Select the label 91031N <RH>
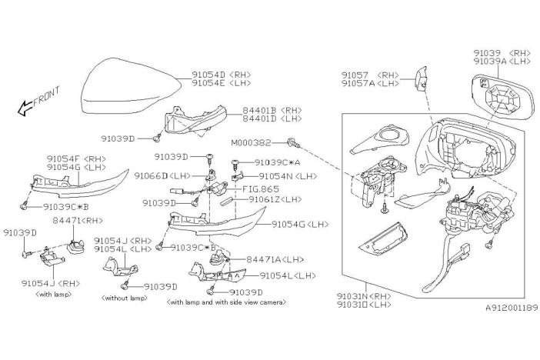(362, 295)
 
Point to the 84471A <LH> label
(271, 260)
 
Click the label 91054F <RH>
(73, 158)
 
